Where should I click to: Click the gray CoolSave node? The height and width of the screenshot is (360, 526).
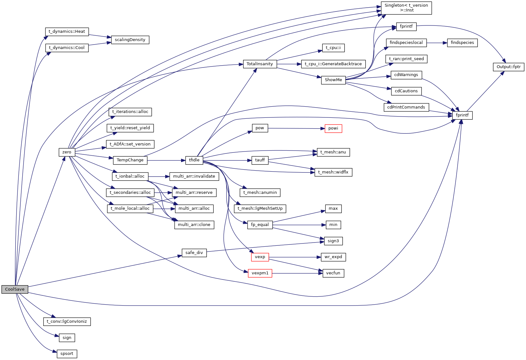click(15, 289)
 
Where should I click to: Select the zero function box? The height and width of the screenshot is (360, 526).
click(67, 152)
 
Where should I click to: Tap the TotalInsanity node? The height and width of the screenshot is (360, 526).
click(260, 64)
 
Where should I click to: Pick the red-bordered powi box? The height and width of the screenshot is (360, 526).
click(333, 128)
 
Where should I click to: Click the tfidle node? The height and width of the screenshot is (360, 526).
click(194, 160)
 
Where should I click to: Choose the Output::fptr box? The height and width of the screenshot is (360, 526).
click(508, 67)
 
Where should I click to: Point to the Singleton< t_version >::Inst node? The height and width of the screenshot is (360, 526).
click(406, 8)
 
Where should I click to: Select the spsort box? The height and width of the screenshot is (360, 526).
click(67, 354)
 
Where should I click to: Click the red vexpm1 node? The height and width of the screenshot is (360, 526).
click(260, 273)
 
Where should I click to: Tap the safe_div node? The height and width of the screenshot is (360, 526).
click(194, 253)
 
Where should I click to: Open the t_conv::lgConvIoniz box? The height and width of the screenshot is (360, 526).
click(67, 321)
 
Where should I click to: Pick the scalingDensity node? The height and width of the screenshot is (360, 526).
click(130, 40)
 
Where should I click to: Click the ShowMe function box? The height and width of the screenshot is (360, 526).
click(333, 80)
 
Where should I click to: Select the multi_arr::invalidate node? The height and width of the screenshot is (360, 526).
click(194, 176)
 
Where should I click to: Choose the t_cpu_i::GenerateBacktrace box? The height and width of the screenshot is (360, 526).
click(333, 64)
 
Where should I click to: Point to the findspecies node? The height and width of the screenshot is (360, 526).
click(462, 43)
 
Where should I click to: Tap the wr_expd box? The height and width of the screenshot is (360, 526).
click(333, 257)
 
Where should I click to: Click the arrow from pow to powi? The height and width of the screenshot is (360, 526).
click(296, 128)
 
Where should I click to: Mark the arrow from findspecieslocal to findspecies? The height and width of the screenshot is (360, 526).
click(437, 43)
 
